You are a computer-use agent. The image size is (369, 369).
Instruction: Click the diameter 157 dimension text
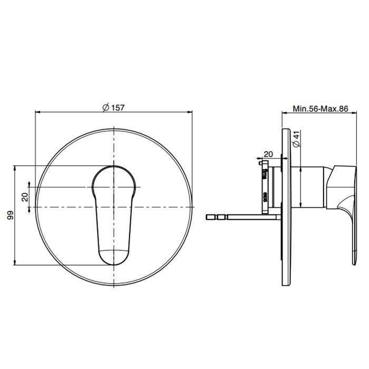[x=113, y=108]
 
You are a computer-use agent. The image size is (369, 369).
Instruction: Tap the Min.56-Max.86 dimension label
[x=321, y=109]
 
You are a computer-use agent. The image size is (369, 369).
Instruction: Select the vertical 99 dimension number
[x=11, y=215]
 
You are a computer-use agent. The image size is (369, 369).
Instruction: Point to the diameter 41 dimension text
[x=297, y=139]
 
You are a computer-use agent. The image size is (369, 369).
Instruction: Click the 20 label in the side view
[x=268, y=154]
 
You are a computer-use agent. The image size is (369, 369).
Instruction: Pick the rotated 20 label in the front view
[x=25, y=197]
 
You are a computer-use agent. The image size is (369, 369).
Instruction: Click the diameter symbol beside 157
[x=105, y=108]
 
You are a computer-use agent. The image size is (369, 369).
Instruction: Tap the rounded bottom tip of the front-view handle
[x=114, y=264]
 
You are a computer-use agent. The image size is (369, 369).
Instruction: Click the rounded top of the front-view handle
[x=114, y=167]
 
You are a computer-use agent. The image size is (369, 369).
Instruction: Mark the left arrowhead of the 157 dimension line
[x=37, y=112]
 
